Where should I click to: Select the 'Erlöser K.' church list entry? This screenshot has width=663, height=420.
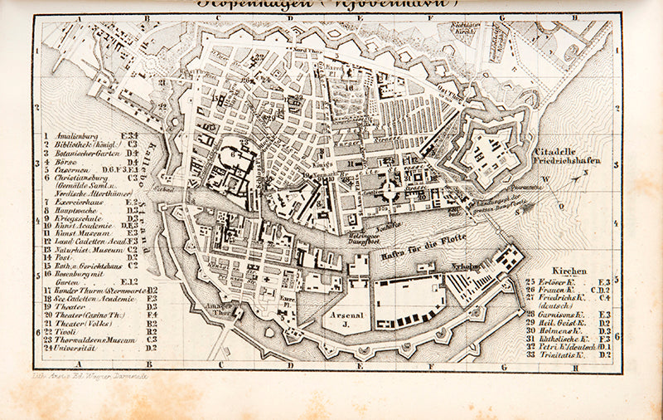(556, 282)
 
